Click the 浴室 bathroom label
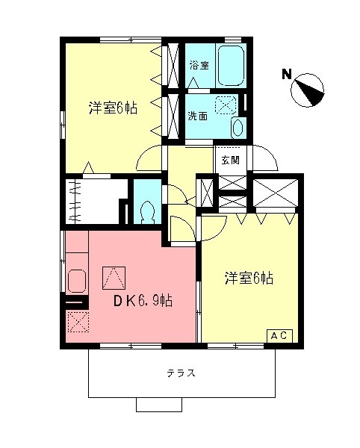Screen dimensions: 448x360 [198, 65]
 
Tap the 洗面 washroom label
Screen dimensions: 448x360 [198, 116]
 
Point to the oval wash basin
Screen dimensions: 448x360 [238, 127]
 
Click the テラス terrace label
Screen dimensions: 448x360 [181, 373]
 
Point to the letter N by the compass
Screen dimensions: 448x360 [286, 74]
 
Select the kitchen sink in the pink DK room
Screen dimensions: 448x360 [76, 281]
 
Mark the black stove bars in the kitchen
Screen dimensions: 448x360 [75, 303]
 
